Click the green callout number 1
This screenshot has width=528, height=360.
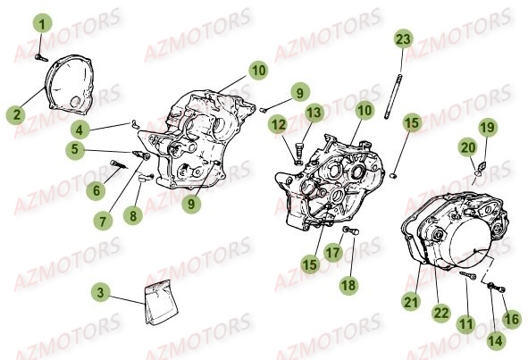coord(42,23)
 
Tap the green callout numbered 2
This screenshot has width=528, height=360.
coord(16,114)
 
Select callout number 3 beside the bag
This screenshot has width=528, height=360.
coord(101,292)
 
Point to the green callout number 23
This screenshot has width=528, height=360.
coord(403,39)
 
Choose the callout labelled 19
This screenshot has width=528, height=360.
coord(488,128)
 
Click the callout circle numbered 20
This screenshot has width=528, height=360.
coord(468,147)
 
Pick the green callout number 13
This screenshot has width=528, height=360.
coord(314,113)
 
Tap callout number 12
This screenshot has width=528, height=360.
coord(279,125)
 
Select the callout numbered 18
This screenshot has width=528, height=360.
coord(348,285)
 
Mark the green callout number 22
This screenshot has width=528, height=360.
coord(441,313)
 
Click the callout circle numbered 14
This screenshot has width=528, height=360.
coord(496,340)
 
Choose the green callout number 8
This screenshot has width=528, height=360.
coord(133,214)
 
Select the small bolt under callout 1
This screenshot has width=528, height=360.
coord(41,58)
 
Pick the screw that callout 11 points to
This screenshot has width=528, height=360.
coord(468,275)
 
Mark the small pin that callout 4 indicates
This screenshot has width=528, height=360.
coord(135,124)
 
